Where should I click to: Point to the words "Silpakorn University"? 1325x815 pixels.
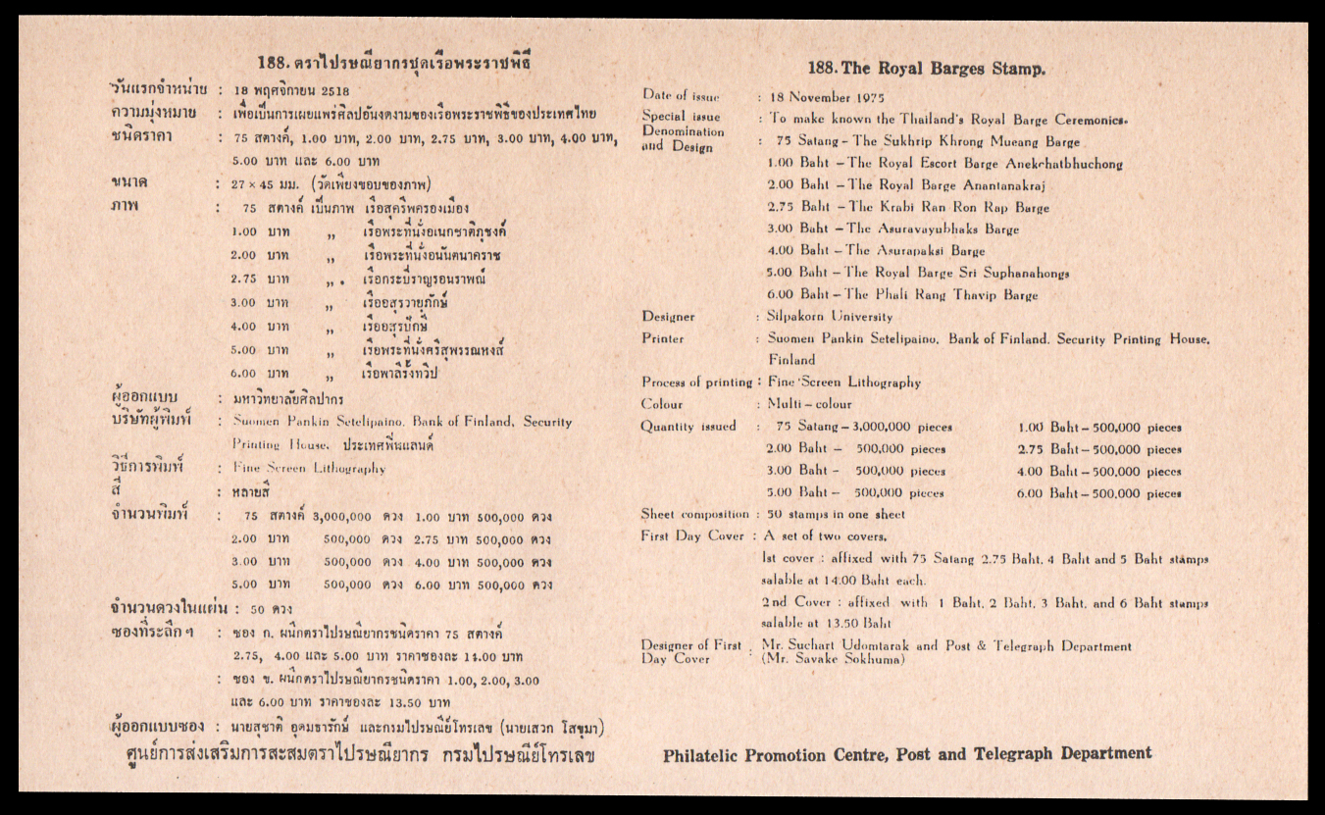pyautogui.click(x=831, y=317)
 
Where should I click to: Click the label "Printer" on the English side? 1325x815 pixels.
pyautogui.click(x=663, y=338)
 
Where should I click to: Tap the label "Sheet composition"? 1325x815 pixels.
pyautogui.click(x=695, y=514)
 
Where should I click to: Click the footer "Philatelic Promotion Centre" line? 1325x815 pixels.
pyautogui.click(x=907, y=755)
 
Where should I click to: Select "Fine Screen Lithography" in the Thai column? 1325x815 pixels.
pyautogui.click(x=309, y=469)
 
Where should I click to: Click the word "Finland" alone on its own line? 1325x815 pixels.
pyautogui.click(x=791, y=360)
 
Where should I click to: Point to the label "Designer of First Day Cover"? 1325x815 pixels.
pyautogui.click(x=690, y=652)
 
